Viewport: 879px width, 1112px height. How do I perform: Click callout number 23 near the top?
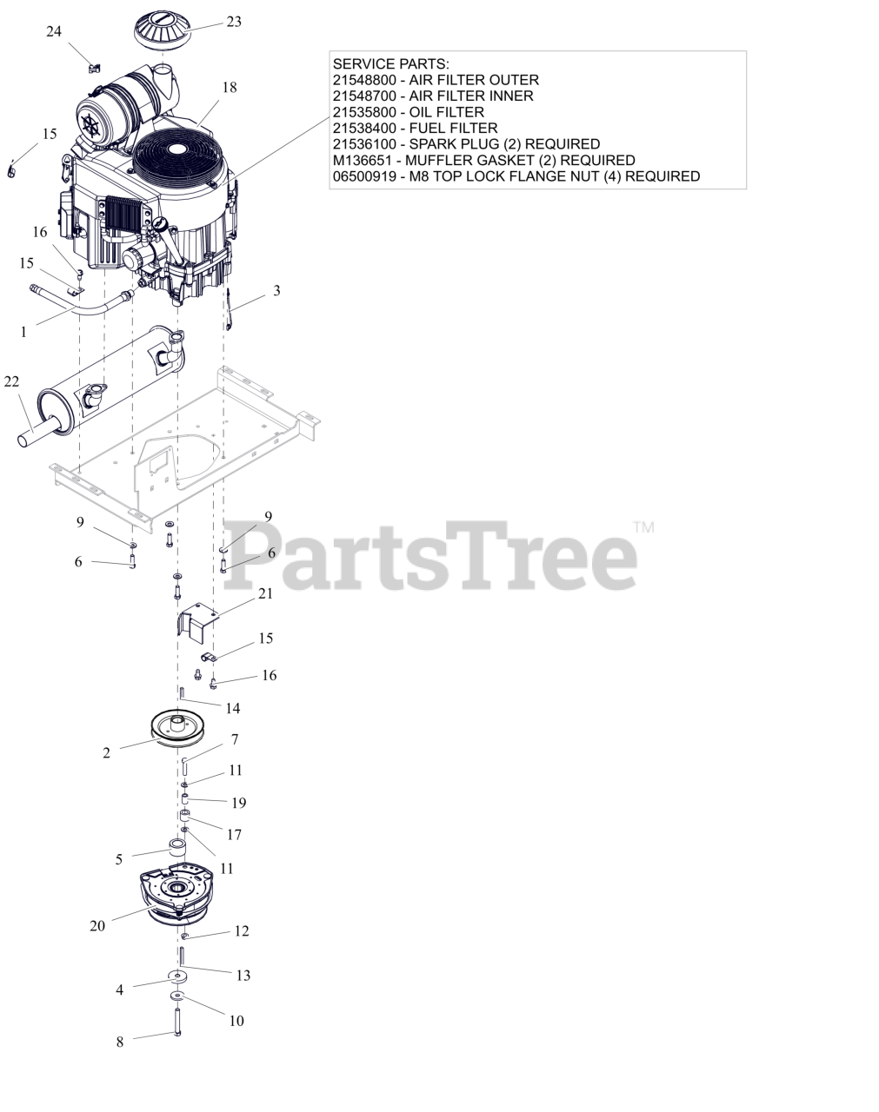click(x=234, y=22)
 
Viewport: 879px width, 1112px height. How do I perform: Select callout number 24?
click(x=54, y=31)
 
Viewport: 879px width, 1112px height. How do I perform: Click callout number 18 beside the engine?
click(x=229, y=87)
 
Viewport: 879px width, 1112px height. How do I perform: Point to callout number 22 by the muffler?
click(x=11, y=381)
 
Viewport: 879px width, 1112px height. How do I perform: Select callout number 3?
click(x=276, y=290)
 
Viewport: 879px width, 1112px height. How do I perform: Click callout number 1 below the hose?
click(x=23, y=331)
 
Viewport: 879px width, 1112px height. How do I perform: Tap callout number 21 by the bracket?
click(x=265, y=593)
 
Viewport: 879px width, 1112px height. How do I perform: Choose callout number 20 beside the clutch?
click(x=97, y=926)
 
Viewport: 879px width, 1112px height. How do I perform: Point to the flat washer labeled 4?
click(x=177, y=978)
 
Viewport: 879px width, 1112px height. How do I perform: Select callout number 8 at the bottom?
click(x=120, y=1042)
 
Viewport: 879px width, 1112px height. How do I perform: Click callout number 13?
click(x=243, y=976)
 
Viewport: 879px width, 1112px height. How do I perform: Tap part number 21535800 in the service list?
click(x=365, y=112)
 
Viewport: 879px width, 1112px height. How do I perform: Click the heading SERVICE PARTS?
click(x=391, y=64)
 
